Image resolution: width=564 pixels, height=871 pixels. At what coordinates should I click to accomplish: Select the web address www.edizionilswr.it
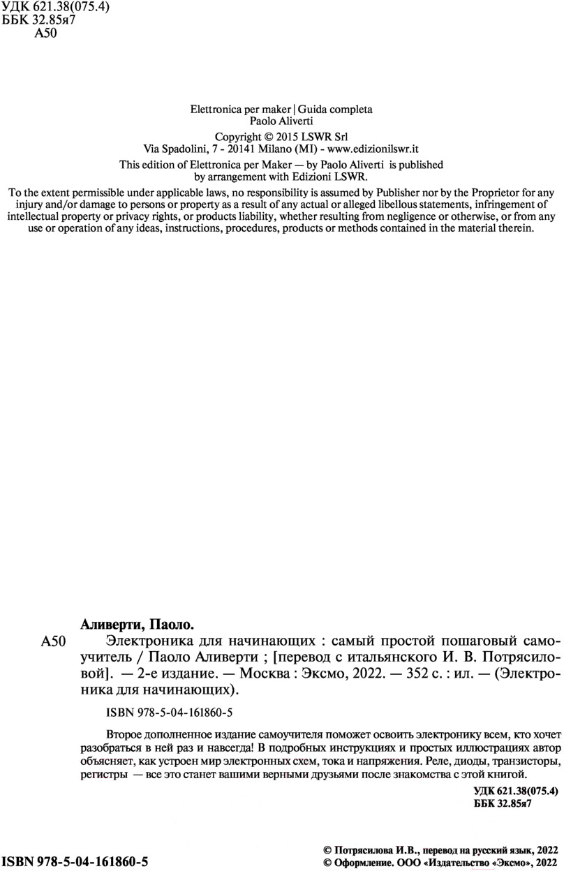pyautogui.click(x=372, y=149)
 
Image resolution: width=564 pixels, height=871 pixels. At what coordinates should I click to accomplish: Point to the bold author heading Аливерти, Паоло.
pyautogui.click(x=137, y=623)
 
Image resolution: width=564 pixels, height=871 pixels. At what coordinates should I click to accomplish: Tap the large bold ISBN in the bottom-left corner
pyautogui.click(x=74, y=861)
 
